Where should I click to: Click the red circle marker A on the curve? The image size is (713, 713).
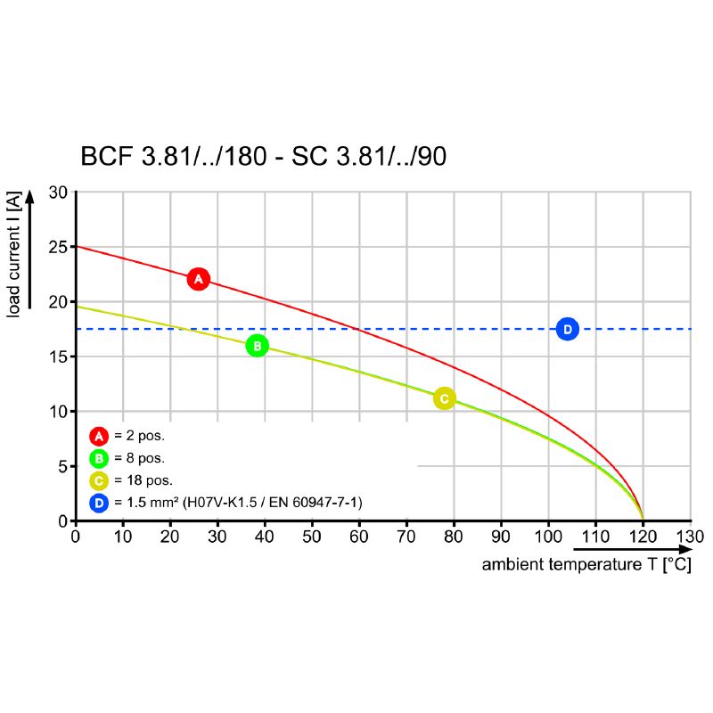(x=198, y=279)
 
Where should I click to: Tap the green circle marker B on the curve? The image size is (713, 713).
(x=257, y=346)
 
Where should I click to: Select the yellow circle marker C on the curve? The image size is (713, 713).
(x=444, y=398)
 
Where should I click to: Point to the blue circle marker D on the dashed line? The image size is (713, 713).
(x=567, y=329)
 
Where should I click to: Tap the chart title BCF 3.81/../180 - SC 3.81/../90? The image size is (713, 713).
(x=264, y=157)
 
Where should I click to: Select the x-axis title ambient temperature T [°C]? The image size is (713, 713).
(x=586, y=565)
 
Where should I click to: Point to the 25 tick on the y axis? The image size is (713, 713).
(x=58, y=247)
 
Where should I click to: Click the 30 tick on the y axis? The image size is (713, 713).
(x=58, y=193)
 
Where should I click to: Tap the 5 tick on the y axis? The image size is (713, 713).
(x=61, y=466)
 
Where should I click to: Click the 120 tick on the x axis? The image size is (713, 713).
(x=643, y=537)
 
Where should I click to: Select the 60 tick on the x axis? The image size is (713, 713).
(x=359, y=537)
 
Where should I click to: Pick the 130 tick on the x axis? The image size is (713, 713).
(x=690, y=537)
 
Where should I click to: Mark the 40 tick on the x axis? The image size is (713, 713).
(x=265, y=537)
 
